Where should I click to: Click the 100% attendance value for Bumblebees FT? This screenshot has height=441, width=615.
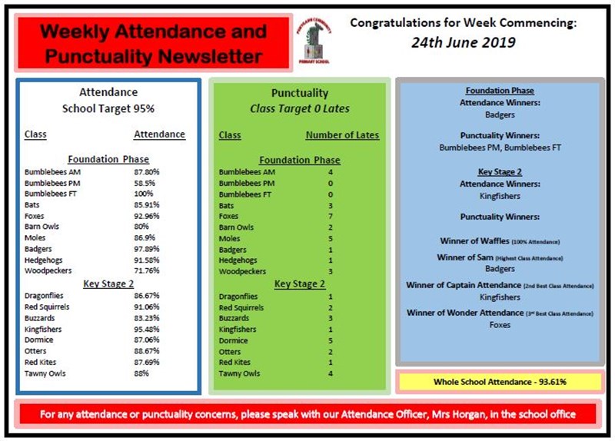tap(144, 194)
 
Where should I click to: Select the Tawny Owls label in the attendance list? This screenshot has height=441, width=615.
tap(45, 373)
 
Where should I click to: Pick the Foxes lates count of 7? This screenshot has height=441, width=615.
tap(330, 217)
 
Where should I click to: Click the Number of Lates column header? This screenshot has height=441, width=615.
tap(342, 135)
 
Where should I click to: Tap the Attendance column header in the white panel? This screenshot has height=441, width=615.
tap(159, 134)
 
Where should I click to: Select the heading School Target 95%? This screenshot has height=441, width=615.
tap(108, 109)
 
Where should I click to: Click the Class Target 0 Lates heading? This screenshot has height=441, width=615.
tap(299, 109)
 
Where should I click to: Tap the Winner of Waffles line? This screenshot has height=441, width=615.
tap(500, 241)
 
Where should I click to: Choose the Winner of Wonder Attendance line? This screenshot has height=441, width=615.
tap(500, 313)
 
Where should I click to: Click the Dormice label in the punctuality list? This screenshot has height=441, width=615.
tap(233, 340)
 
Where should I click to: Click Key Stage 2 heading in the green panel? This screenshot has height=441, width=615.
tap(299, 284)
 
